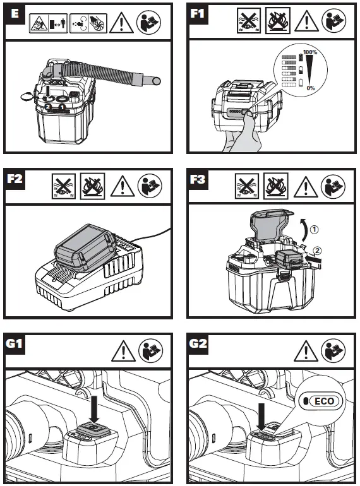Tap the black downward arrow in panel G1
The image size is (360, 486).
93,408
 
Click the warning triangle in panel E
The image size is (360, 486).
121,23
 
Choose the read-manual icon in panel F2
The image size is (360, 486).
150,186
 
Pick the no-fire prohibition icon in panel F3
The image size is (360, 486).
275,186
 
